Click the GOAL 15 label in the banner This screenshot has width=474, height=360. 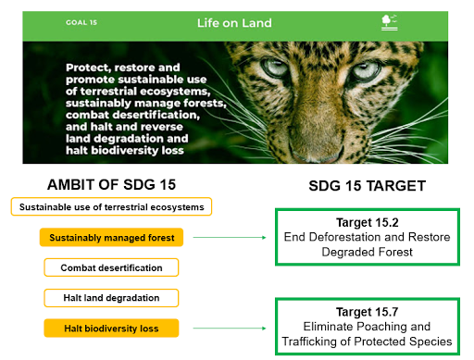coord(81,22)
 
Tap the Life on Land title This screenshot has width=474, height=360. coord(234,23)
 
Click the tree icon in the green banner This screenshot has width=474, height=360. coord(389,22)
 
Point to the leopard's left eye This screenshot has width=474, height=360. coord(274,68)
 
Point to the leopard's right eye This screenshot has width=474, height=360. coord(367,70)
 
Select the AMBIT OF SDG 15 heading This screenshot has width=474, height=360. coord(111,185)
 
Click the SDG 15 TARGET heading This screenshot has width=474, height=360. coord(368,186)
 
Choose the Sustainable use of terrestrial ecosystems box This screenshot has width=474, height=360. coord(111,206)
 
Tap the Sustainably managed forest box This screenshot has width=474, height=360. coord(111,237)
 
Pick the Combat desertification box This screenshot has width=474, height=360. coord(111,267)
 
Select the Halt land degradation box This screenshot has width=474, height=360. coord(111,298)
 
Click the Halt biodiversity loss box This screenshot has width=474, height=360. coord(111,328)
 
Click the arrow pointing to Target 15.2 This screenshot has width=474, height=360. coord(230,237)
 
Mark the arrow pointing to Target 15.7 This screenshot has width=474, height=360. coord(230,328)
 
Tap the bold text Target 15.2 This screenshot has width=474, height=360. coord(368,222)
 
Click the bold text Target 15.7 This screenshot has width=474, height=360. coord(368,312)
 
